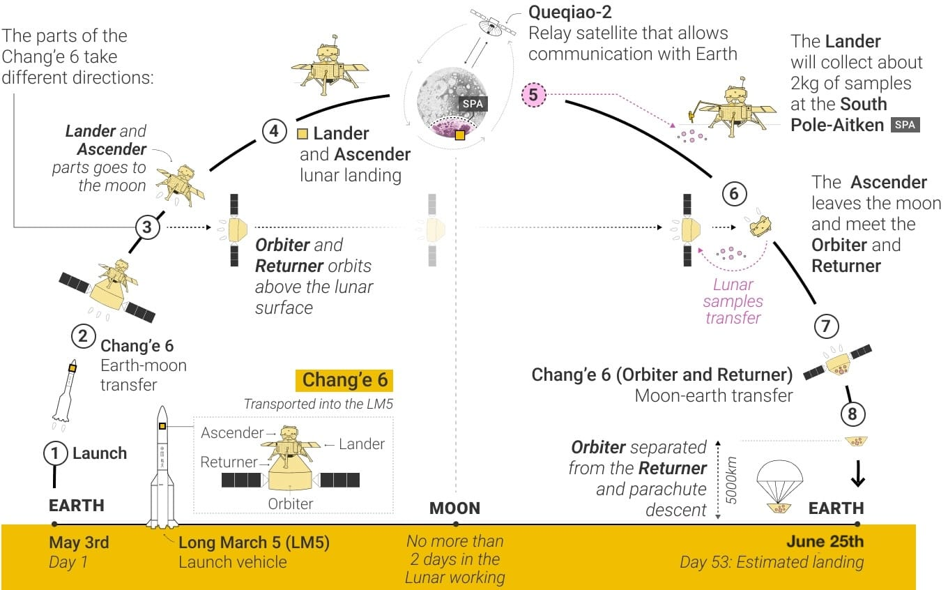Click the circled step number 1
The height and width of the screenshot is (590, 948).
click(55, 453)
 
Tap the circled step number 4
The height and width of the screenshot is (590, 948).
click(274, 130)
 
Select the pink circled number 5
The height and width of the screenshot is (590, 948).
click(533, 94)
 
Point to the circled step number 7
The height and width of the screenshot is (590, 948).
click(826, 325)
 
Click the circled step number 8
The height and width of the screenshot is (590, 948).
click(852, 414)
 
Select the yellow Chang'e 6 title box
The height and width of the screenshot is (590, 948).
click(344, 381)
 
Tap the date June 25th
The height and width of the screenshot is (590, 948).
click(825, 542)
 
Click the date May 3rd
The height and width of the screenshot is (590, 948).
click(79, 543)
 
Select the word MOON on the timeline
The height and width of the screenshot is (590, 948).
click(454, 508)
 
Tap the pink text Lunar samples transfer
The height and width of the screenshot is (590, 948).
click(733, 301)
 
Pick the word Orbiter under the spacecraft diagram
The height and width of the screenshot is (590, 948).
click(291, 504)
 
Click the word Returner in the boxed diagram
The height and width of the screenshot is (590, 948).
click(229, 462)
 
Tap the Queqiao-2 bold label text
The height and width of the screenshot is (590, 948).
click(569, 13)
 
